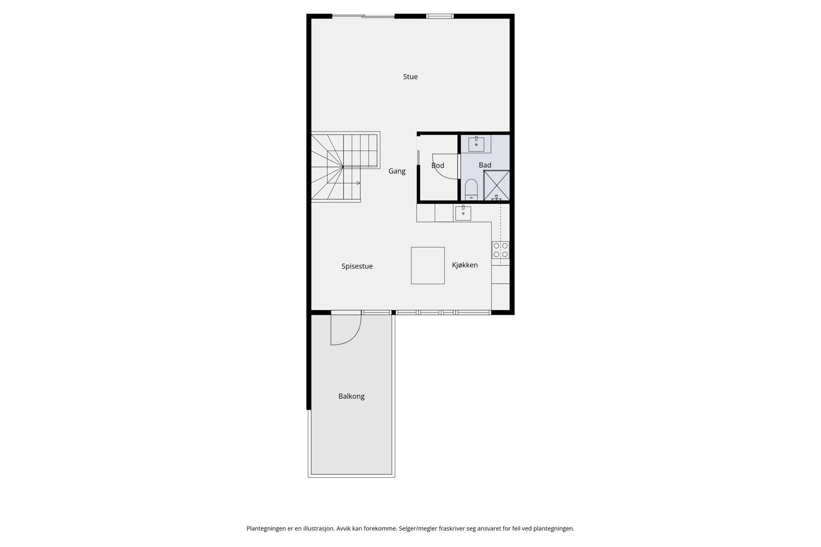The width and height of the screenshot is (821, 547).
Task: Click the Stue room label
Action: tap(410, 77)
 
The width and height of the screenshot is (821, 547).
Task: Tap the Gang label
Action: tap(397, 171)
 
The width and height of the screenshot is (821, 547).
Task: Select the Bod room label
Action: tap(438, 166)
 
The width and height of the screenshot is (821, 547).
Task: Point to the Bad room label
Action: tap(485, 165)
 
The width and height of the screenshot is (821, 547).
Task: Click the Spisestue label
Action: tap(357, 267)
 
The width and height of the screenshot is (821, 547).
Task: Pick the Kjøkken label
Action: tap(465, 265)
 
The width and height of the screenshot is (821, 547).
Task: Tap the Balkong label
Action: tap(351, 396)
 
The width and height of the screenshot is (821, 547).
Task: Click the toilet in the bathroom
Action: tap(471, 190)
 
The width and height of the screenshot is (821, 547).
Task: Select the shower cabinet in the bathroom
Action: tap(497, 185)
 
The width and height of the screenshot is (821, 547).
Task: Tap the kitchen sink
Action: tap(463, 213)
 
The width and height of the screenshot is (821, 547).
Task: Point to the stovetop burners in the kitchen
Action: tap(500, 250)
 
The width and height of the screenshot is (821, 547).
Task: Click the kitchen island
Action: tap(427, 266)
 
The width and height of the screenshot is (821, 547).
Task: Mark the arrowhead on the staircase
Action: tap(358, 183)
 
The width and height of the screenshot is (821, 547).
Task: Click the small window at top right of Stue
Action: tap(440, 16)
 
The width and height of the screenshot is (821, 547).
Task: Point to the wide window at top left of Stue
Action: tap(363, 16)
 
